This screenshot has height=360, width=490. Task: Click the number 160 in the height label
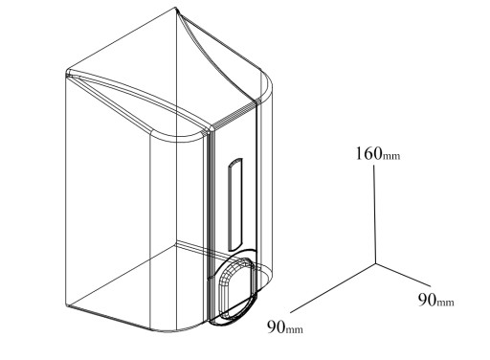point(369,153)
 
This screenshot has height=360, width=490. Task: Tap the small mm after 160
point(391,156)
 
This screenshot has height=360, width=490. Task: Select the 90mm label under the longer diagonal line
point(285,326)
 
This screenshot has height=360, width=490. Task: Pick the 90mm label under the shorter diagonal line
point(436,300)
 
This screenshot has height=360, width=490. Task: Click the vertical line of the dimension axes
point(374,214)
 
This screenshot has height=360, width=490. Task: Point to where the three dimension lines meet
point(375,263)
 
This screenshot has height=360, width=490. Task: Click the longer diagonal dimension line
point(333,287)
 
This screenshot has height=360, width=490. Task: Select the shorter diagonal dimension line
point(403,275)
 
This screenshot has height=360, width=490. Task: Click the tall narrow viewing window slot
point(235,204)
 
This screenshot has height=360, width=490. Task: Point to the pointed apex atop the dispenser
point(176,8)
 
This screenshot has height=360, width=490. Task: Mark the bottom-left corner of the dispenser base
point(67,305)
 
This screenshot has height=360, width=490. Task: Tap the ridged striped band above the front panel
point(234,115)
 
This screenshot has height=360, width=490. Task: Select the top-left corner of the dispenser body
point(67,73)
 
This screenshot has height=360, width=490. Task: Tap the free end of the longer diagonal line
point(290,312)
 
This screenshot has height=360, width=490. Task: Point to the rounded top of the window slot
point(235,161)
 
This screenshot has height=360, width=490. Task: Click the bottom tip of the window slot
point(231,250)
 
